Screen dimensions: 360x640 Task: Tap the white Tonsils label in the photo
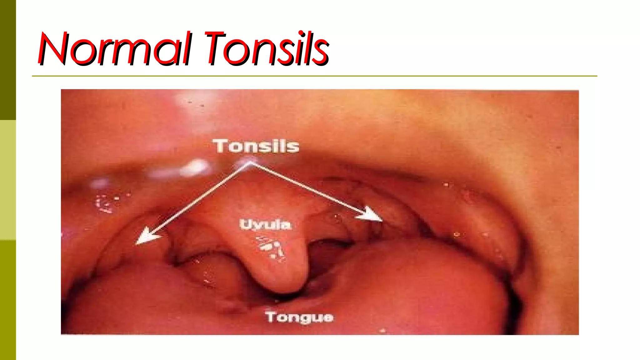point(256,146)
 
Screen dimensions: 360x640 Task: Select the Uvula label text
point(265,224)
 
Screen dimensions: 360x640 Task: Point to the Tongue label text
point(299,317)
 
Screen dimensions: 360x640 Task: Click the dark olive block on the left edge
point(8,59)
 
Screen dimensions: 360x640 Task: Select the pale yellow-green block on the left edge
point(8,180)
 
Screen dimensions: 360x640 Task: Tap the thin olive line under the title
point(312,76)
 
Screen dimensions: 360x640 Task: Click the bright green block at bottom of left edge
point(8,300)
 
